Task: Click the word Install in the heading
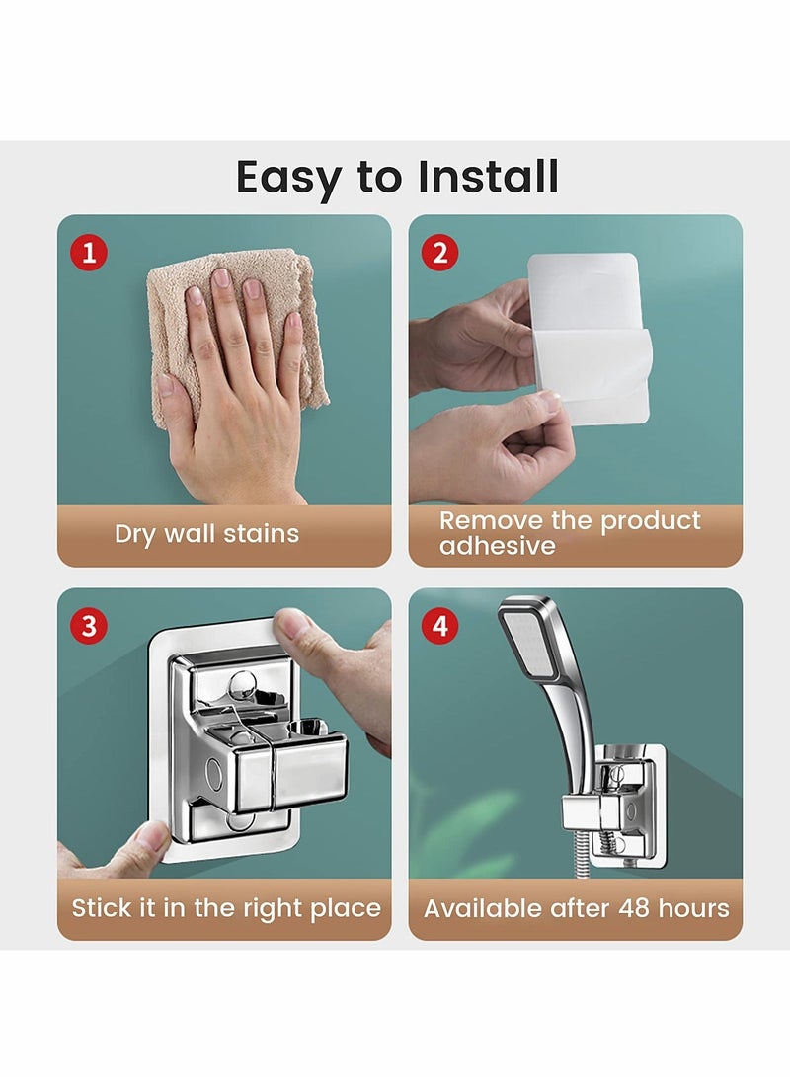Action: pos(488,178)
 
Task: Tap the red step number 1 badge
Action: pos(89,254)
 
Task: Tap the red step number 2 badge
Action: pos(439,254)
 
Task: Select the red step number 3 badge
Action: pos(89,627)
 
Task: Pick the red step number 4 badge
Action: pos(439,627)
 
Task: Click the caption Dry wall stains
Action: pos(206,534)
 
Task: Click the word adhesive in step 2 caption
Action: pos(497,546)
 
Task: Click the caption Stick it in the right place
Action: pos(225,908)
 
